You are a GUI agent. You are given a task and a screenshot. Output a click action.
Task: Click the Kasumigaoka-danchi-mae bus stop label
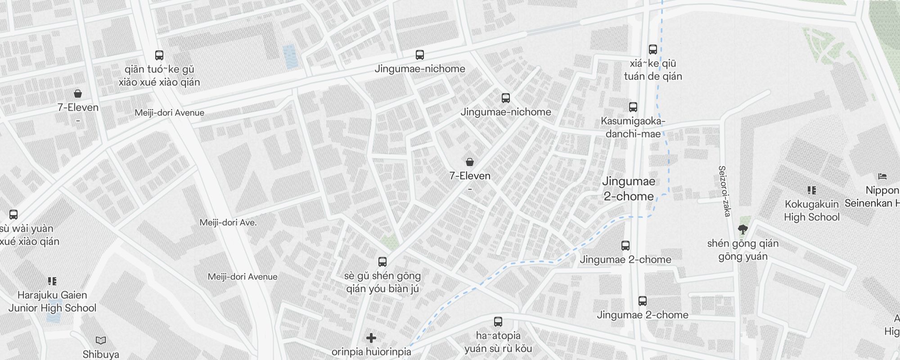[x=633, y=127]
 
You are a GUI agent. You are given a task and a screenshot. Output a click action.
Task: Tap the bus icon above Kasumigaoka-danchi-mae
[x=633, y=107]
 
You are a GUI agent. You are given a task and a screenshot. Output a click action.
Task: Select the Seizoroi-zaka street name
[x=724, y=191]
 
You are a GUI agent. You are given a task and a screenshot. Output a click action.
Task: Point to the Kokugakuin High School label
[x=811, y=211]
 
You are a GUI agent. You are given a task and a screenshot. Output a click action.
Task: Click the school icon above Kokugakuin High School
[x=812, y=190]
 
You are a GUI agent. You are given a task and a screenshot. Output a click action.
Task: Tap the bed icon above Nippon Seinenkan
[x=882, y=176]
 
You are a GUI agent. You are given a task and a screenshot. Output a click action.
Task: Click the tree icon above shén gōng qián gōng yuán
[x=743, y=230]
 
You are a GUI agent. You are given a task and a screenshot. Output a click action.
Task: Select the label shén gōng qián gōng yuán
[x=743, y=250]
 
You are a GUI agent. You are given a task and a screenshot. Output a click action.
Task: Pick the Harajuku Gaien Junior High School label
[x=52, y=301]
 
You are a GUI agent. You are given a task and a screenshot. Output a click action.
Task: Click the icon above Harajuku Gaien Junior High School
[x=52, y=281]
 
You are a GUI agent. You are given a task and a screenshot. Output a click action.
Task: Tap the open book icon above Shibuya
[x=101, y=340]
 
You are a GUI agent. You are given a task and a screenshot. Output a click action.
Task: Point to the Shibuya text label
[x=101, y=354]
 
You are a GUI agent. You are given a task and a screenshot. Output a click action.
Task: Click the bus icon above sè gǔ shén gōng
[x=382, y=261]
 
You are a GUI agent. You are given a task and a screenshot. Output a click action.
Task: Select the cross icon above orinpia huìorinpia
[x=371, y=338]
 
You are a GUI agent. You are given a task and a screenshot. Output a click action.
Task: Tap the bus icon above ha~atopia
[x=498, y=322]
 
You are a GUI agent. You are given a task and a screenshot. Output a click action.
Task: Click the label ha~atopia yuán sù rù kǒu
[x=498, y=342]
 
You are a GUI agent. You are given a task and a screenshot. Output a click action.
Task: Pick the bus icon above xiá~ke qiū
[x=653, y=49]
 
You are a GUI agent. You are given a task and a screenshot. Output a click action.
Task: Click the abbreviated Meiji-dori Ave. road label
[x=228, y=222]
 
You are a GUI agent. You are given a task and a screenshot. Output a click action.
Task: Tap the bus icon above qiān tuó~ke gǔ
[x=159, y=55]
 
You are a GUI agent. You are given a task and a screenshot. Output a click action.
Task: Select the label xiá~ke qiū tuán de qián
[x=653, y=70]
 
